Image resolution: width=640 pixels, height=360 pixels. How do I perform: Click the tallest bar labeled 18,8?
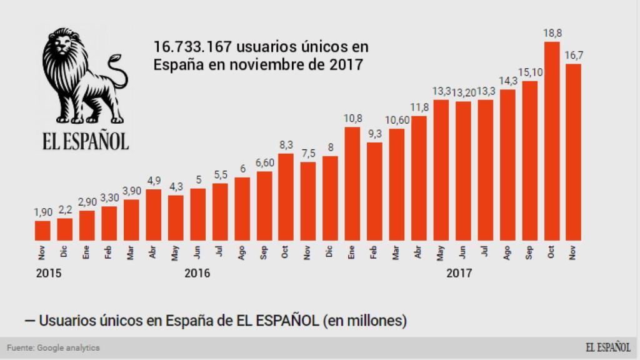click(x=552, y=141)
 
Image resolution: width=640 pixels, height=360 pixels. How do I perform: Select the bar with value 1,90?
click(x=42, y=230)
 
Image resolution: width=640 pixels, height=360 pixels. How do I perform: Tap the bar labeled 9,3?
click(x=374, y=191)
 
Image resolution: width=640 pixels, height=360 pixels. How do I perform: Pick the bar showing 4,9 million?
click(x=153, y=214)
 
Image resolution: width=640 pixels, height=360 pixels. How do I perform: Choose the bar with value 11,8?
click(x=419, y=178)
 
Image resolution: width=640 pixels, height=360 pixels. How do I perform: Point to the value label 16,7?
click(x=574, y=56)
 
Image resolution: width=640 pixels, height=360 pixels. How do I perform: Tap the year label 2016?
click(x=197, y=273)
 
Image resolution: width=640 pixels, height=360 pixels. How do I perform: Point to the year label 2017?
click(x=459, y=273)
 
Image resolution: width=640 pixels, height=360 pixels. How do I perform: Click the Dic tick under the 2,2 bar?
click(x=65, y=252)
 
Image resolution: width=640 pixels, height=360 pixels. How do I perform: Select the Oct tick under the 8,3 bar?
click(x=286, y=252)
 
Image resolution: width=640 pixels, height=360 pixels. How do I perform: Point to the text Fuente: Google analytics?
click(x=53, y=347)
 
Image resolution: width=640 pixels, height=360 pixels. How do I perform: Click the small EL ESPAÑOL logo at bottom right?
click(x=607, y=347)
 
